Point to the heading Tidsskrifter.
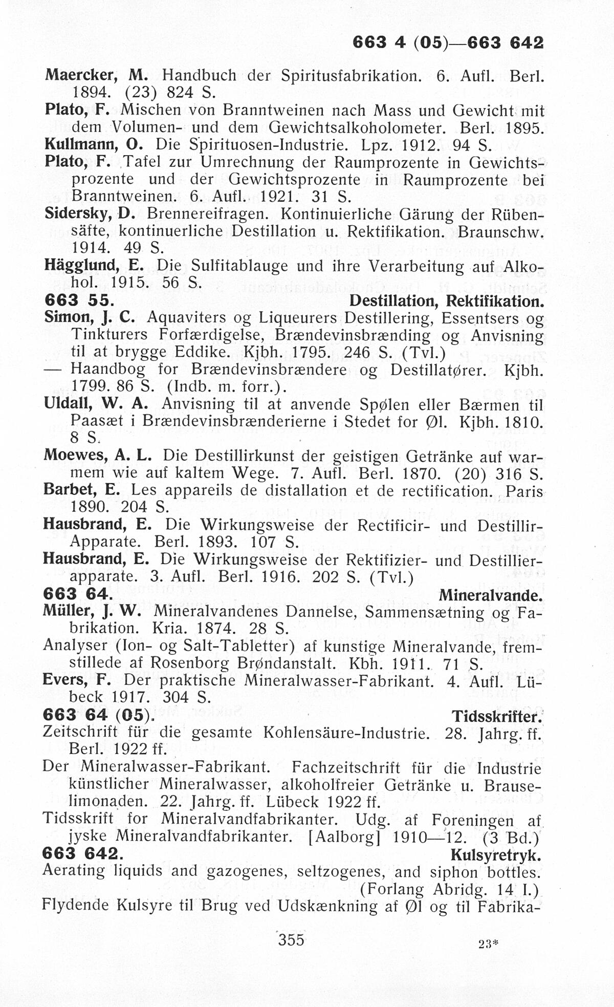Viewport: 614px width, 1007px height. point(496,716)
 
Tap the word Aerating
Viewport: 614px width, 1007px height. point(74,871)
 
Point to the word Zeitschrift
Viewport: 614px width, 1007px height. point(81,733)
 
